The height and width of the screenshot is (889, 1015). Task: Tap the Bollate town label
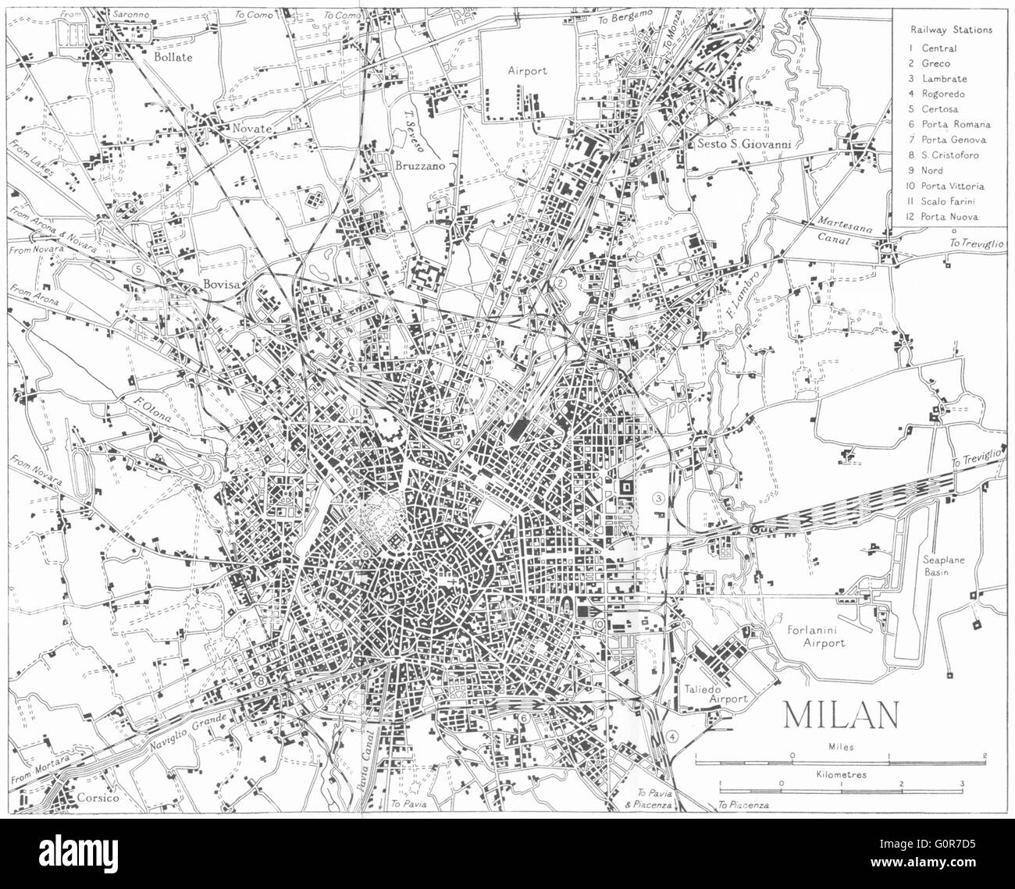click(173, 56)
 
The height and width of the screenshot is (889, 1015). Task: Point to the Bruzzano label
click(412, 166)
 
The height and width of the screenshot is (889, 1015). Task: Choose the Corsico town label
click(98, 798)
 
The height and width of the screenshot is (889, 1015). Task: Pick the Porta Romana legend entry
click(955, 124)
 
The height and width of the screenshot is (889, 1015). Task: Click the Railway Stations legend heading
click(950, 30)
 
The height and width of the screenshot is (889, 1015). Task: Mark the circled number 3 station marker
click(659, 499)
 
